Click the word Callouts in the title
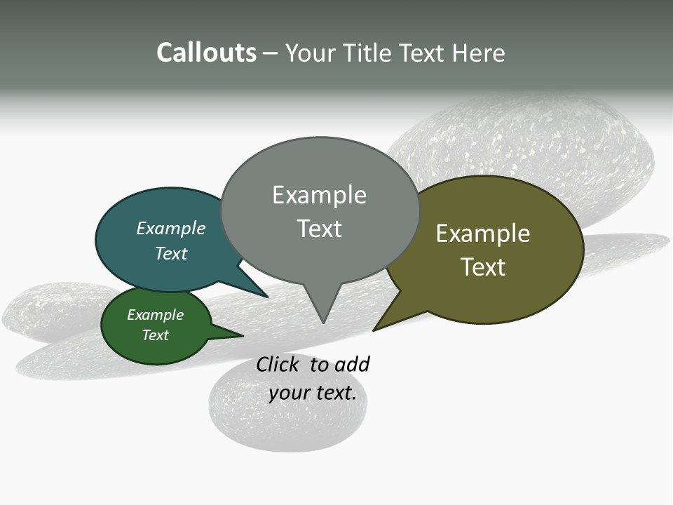(x=206, y=53)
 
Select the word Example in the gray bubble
(x=319, y=195)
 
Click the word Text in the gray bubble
(x=319, y=229)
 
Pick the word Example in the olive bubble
(x=483, y=234)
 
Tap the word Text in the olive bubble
(x=483, y=267)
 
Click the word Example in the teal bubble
(x=171, y=229)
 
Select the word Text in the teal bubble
(x=171, y=253)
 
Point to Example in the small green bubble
(x=156, y=315)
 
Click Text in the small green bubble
(x=156, y=335)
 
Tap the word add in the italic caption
(x=352, y=365)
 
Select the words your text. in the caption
(x=312, y=393)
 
